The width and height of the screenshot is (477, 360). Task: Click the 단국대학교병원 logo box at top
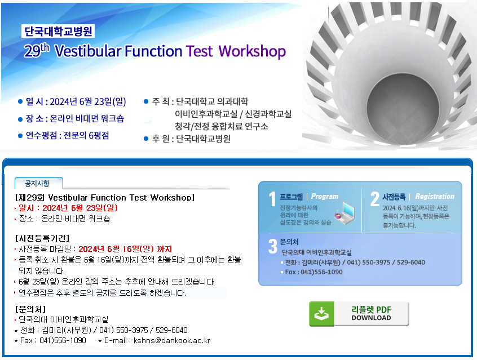click(58, 31)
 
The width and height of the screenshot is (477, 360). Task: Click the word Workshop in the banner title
click(252, 51)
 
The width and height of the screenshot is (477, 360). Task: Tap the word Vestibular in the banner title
click(88, 51)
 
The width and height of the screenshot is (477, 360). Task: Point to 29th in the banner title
click(37, 50)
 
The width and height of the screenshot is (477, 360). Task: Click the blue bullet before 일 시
click(20, 101)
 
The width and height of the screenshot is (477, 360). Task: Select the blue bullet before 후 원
click(146, 139)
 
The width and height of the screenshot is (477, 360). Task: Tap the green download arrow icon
click(321, 314)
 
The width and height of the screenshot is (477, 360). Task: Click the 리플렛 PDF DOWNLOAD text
click(371, 313)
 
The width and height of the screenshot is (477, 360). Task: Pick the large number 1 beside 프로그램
click(272, 199)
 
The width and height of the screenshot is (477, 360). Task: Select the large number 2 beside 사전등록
click(374, 199)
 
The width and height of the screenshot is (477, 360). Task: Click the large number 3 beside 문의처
click(272, 246)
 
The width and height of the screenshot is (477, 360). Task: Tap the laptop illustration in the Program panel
click(345, 214)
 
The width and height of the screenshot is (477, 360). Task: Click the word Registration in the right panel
click(435, 197)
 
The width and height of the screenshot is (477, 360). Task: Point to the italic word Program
click(325, 197)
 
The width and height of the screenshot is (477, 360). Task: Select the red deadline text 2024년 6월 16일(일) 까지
click(125, 250)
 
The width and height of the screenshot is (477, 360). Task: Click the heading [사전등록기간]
click(42, 238)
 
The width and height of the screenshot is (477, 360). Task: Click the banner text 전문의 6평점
click(86, 135)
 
